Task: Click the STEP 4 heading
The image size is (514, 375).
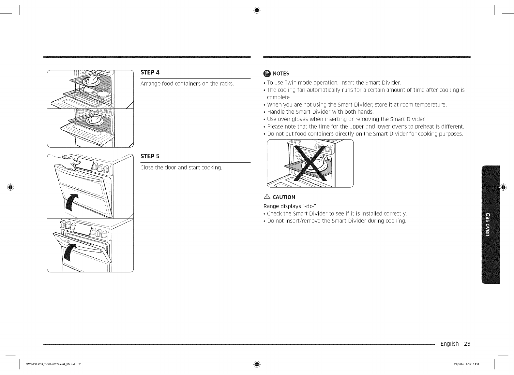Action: (x=150, y=72)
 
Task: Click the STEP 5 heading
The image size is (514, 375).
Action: (x=150, y=156)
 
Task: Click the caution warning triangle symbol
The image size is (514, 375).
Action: (x=267, y=196)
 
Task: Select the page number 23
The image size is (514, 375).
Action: (x=467, y=344)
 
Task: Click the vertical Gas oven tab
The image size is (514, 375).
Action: (x=491, y=224)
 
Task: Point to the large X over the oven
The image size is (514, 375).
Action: (x=310, y=163)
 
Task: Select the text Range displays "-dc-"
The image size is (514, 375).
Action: (x=290, y=206)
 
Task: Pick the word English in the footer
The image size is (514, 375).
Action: (x=449, y=344)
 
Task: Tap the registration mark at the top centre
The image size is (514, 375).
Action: (x=257, y=10)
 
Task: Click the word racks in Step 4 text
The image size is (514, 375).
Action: (x=226, y=84)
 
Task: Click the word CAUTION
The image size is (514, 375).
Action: (x=284, y=197)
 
